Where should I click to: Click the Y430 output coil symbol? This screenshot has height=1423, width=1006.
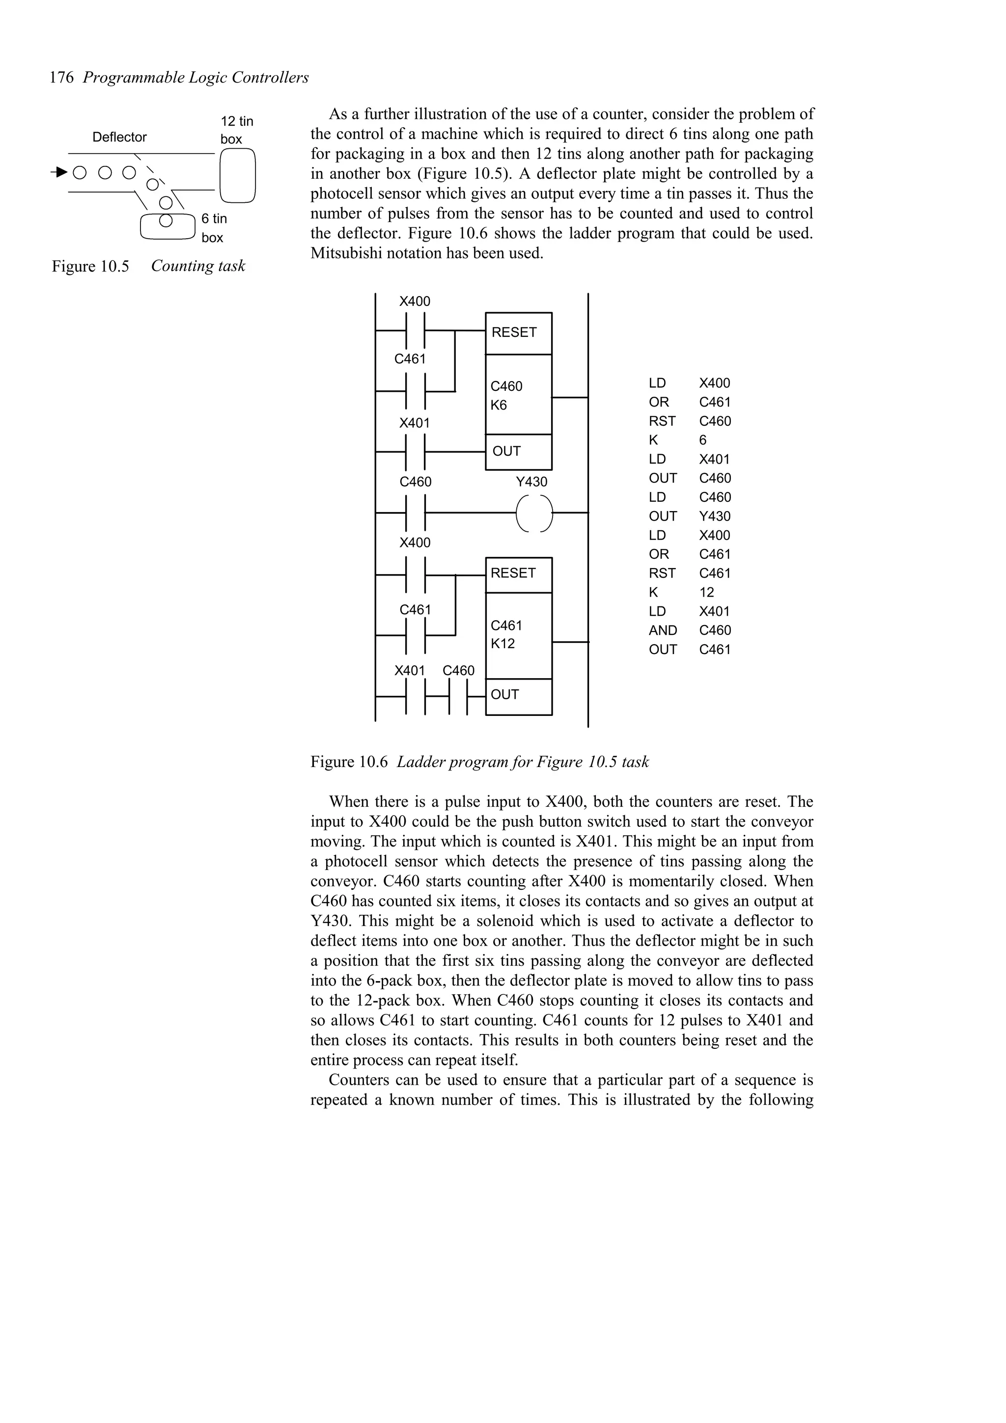[x=533, y=513]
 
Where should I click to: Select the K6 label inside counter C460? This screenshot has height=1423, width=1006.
[x=499, y=405]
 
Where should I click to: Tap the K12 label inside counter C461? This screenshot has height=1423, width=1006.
[x=503, y=644]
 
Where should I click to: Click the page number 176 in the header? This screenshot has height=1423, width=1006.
[x=61, y=78]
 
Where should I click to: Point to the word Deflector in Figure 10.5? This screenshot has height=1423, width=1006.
[x=120, y=137]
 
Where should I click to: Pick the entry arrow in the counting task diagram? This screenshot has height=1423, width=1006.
[x=59, y=172]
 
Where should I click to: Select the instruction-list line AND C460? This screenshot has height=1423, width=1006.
[x=690, y=630]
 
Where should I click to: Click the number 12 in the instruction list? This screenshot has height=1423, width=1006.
[x=707, y=593]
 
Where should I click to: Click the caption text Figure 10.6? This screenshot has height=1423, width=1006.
[x=349, y=762]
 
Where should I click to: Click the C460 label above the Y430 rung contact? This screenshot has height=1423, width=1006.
[x=415, y=482]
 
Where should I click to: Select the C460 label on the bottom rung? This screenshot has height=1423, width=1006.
[x=459, y=671]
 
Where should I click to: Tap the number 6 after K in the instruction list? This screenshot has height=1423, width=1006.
[x=703, y=440]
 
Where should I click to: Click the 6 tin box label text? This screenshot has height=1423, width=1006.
[x=214, y=228]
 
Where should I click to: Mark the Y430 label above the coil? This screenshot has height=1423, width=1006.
[x=532, y=482]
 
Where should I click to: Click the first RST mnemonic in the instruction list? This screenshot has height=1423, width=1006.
[x=662, y=421]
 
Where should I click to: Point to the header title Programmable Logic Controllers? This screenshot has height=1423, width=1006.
[x=196, y=78]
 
